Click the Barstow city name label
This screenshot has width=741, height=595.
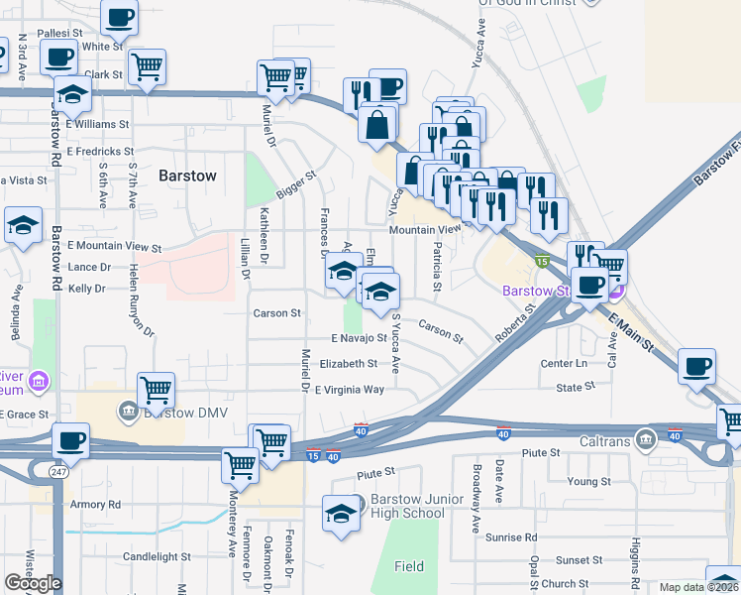187,176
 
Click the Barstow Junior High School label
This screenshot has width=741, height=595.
407,506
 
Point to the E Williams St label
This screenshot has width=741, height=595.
98,125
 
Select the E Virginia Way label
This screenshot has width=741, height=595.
349,390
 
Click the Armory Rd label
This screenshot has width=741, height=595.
94,504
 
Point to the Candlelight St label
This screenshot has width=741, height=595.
157,556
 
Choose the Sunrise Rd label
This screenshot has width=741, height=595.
510,536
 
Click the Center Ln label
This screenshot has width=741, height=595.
564,364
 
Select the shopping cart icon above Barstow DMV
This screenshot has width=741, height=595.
157,390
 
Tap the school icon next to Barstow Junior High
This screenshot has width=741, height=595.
340,514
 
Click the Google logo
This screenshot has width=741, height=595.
33,582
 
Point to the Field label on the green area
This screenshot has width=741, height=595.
409,566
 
